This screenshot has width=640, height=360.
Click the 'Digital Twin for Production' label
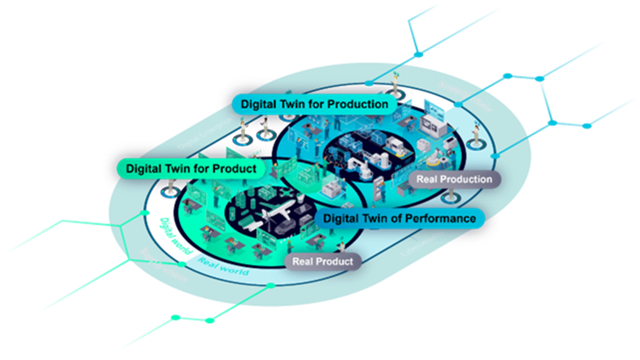pyautogui.click(x=314, y=104)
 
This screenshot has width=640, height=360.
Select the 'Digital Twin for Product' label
pyautogui.click(x=191, y=169)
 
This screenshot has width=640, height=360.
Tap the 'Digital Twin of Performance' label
pyautogui.click(x=400, y=219)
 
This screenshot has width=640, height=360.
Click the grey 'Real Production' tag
pyautogui.click(x=454, y=179)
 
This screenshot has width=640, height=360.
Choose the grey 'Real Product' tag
pyautogui.click(x=322, y=262)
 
